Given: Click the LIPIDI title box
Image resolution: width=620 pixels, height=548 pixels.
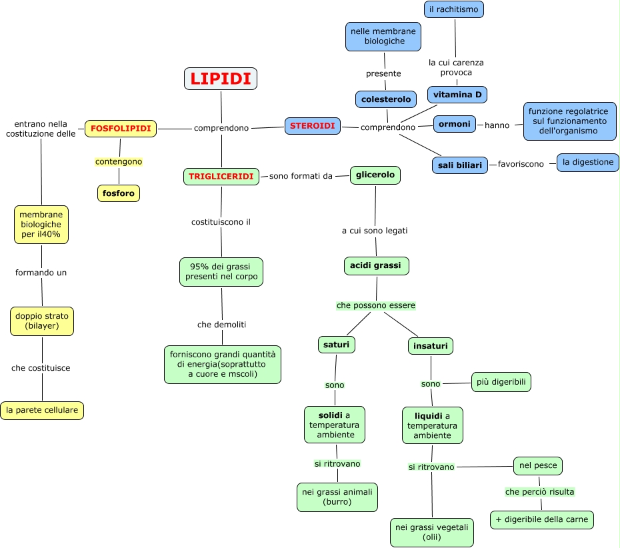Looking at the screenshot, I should [x=221, y=79].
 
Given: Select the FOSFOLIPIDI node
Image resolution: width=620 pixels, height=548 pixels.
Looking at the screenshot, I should [x=121, y=128].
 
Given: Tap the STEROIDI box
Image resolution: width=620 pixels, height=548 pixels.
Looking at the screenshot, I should [x=313, y=125].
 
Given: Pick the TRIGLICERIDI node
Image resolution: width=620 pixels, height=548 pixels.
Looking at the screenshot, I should [x=221, y=177].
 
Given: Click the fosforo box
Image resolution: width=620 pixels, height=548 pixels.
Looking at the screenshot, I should [x=119, y=193].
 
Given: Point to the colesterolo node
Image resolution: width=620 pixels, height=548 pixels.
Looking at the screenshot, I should [x=386, y=99].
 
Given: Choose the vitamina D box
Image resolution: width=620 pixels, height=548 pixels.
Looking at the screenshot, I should [x=457, y=95].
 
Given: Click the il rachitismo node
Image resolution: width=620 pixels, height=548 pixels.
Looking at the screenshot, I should [x=454, y=9].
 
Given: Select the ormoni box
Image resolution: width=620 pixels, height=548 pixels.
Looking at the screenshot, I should [x=455, y=124].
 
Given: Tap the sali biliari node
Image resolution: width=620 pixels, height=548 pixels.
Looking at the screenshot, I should [x=460, y=165].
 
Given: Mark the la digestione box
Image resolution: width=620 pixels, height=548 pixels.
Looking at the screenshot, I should [x=588, y=162].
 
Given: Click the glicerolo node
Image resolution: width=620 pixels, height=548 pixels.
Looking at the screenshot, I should [x=375, y=175].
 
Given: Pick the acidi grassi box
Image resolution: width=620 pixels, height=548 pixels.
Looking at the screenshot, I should [x=376, y=266].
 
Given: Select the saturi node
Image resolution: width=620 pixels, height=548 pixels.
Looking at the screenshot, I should [x=337, y=345].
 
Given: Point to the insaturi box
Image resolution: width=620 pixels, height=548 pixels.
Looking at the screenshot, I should [x=431, y=346].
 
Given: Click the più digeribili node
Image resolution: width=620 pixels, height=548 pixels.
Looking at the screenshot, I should [x=501, y=382].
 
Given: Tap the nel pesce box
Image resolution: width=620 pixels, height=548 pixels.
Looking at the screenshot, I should [x=538, y=465].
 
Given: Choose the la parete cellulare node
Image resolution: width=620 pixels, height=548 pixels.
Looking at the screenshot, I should [x=42, y=411].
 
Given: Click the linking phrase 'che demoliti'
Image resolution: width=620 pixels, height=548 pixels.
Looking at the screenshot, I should [x=222, y=325].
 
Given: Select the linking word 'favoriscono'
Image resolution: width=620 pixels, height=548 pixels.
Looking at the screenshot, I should [x=521, y=164].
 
